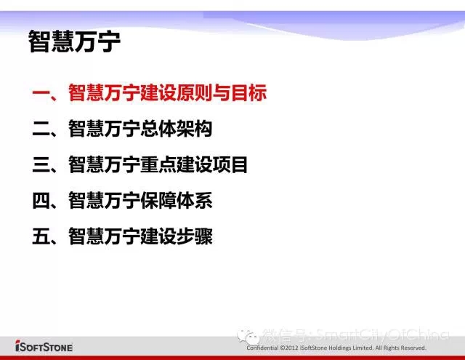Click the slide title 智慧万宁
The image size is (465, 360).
tap(74, 41)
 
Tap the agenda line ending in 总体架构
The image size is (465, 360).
tap(122, 129)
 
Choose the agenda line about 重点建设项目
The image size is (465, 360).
tap(139, 164)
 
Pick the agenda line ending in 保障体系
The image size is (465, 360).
tap(122, 200)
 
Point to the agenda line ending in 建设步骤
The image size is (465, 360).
tap(122, 236)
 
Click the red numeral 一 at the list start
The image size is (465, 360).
tap(41, 93)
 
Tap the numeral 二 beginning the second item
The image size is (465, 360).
tap(41, 129)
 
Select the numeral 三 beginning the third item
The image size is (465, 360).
tap(41, 164)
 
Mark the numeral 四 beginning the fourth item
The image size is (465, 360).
tap(41, 201)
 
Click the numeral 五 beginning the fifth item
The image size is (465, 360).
tap(41, 236)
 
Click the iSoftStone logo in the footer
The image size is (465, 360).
tap(44, 346)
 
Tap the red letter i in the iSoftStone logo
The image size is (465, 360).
tap(17, 345)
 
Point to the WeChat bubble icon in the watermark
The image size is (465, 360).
tap(248, 337)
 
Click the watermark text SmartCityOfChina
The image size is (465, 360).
tap(382, 335)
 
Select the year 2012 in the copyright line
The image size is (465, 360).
tap(291, 348)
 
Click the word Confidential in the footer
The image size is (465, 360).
tap(262, 348)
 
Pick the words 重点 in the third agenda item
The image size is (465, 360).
tap(158, 164)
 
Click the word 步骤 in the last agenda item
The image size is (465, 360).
tap(195, 236)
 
